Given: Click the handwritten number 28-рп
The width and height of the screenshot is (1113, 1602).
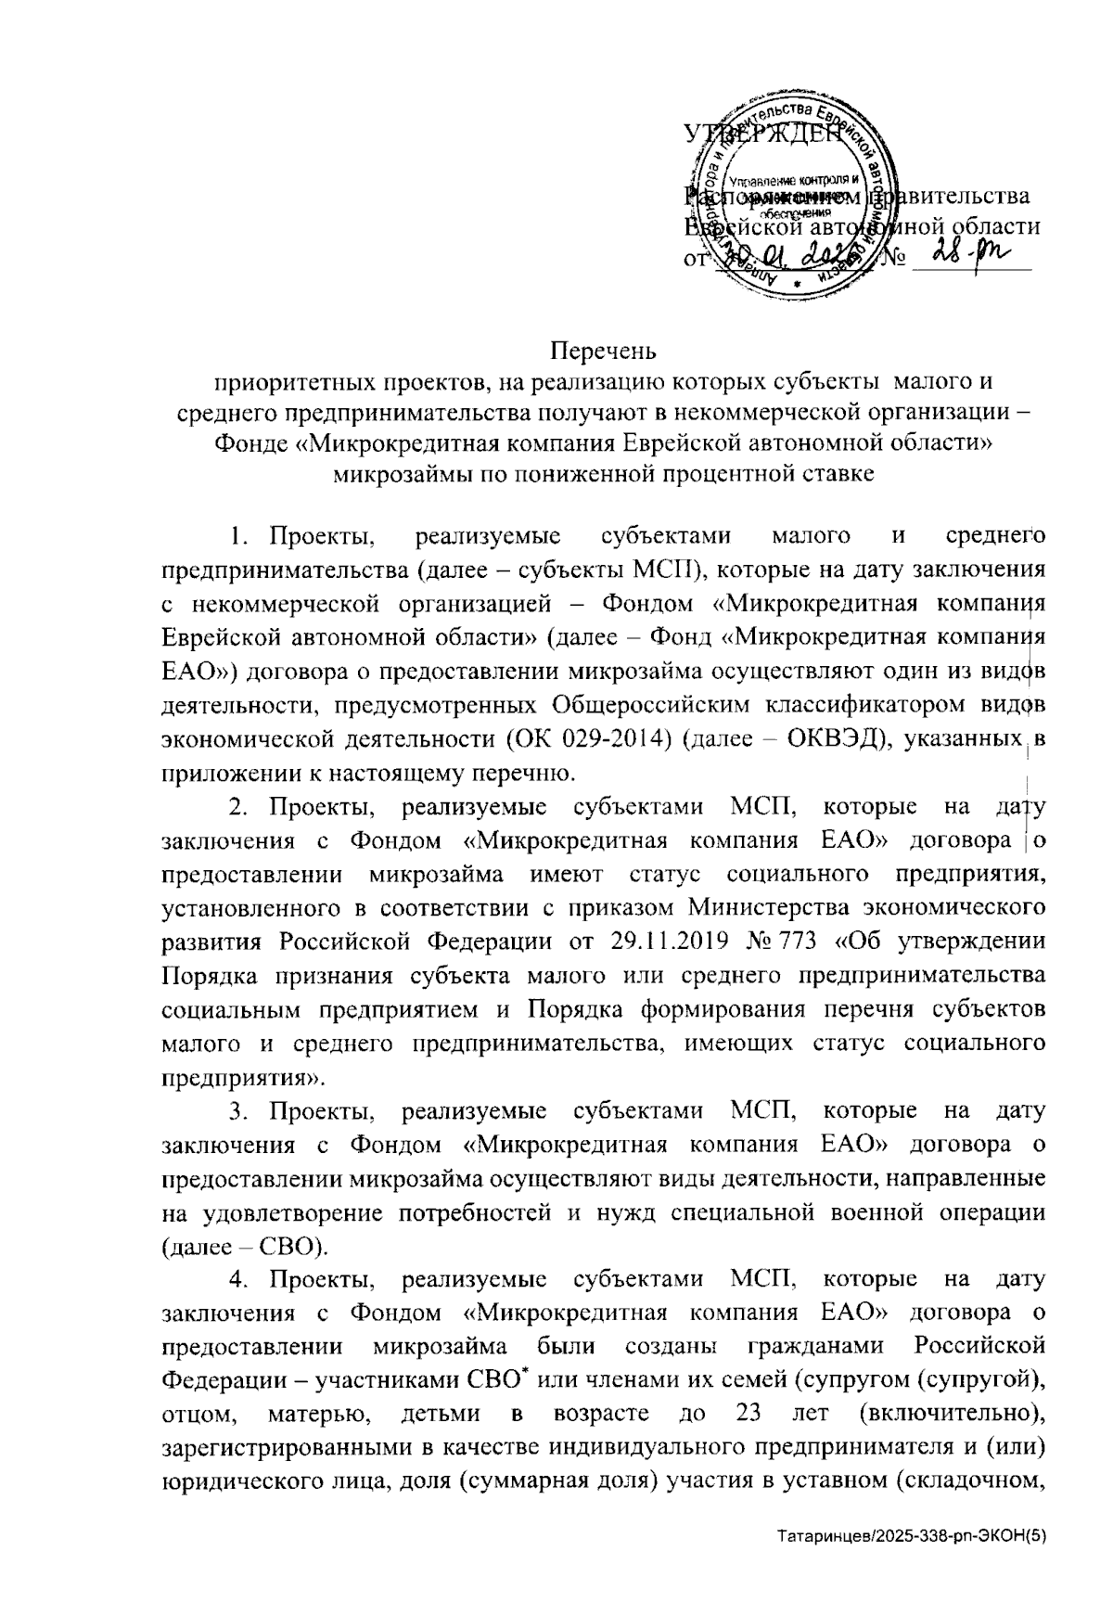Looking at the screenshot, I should (x=970, y=253).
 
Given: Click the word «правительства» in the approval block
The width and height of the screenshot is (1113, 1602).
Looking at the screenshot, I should (x=955, y=197).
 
